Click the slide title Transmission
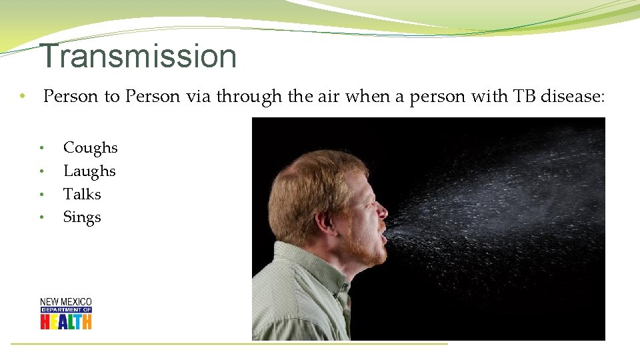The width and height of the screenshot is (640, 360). coord(138,56)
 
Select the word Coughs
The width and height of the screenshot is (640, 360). coord(90,148)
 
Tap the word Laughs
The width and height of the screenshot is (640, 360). coord(89,171)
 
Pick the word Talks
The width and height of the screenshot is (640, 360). coord(82,194)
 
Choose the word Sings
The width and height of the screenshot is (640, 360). coord(82,217)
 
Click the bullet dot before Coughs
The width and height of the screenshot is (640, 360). coord(41,148)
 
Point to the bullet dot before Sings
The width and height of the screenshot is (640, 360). coord(41,217)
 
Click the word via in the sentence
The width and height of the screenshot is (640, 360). coord(197,97)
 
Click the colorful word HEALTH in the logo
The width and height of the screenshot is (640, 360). coord(65,321)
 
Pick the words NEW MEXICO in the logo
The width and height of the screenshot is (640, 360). coord(65,302)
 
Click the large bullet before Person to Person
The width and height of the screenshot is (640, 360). coord(22,97)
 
